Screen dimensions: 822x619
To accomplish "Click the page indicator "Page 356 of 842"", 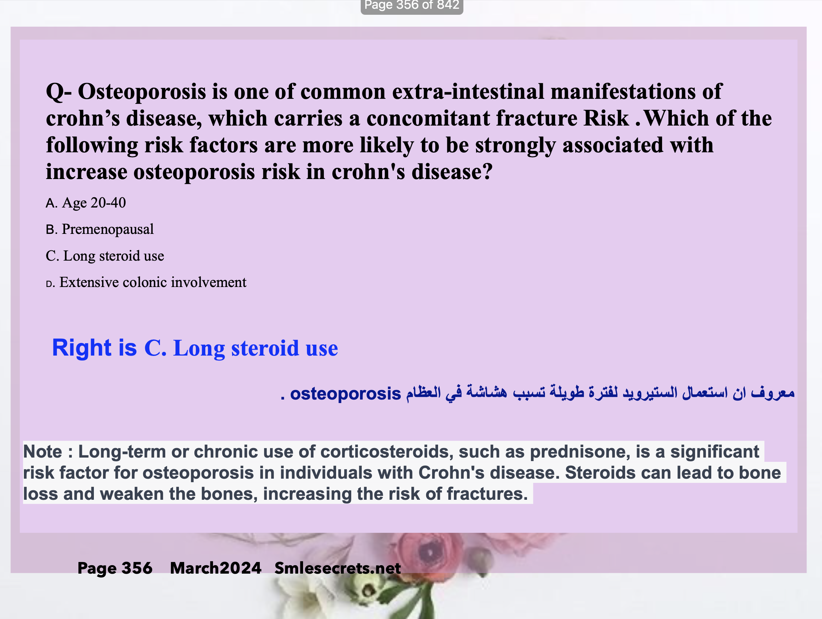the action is point(412,5).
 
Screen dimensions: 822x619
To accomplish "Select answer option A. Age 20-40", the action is point(86,203).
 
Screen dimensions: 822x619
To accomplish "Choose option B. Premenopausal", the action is point(99,229).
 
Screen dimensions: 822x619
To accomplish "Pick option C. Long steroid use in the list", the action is point(105,256).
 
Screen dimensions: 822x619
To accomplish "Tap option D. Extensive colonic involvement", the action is point(146,282).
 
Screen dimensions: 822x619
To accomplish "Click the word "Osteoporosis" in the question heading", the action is point(142,91).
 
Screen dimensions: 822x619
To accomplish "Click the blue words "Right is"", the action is point(94,348).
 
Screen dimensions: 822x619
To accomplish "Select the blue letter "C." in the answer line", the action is point(155,348).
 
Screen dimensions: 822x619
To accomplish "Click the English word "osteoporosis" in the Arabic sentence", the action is point(346,394).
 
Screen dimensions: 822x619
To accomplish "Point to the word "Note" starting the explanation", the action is point(42,452).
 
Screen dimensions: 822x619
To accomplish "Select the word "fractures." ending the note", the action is point(487,494).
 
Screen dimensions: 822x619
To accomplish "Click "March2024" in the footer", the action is point(216,568).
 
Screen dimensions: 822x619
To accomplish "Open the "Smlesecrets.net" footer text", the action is point(338,568).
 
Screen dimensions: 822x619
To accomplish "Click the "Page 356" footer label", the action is point(115,568).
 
